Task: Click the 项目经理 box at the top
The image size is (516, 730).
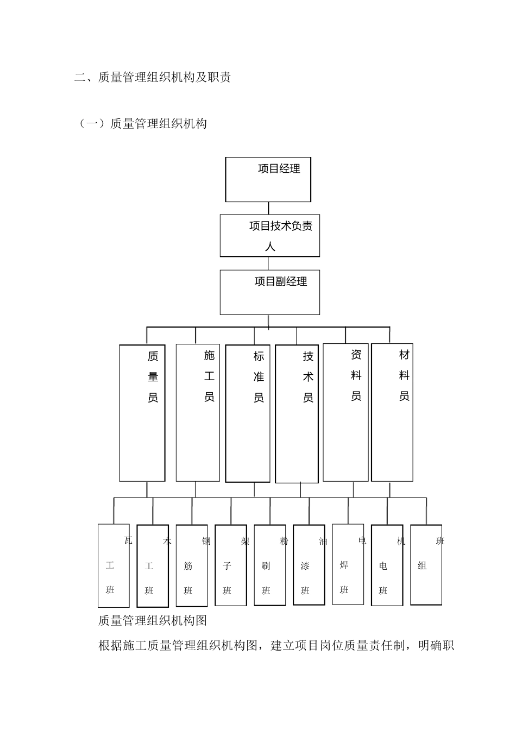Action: coord(268,179)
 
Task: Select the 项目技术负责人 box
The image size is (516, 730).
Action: coord(269,235)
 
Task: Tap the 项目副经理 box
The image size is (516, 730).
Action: coord(269,292)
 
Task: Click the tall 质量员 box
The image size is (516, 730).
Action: coord(142,413)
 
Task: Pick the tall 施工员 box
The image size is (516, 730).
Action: coord(198,413)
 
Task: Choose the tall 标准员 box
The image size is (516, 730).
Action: coord(248,413)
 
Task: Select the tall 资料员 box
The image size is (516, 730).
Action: coord(345,412)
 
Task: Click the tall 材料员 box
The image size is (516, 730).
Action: coord(392,412)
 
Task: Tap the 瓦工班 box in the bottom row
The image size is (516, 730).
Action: coord(114,565)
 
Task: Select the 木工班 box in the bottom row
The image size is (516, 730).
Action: coord(153,565)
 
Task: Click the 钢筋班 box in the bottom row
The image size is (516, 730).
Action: coord(192,565)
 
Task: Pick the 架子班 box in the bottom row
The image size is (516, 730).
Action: coord(231,565)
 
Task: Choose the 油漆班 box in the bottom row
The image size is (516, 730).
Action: coord(309,565)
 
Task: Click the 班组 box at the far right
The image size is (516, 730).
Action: coord(426,565)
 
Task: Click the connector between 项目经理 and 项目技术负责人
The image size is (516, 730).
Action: coord(268,208)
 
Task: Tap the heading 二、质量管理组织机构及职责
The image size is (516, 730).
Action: coord(153,77)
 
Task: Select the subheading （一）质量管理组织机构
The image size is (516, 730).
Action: coord(143,124)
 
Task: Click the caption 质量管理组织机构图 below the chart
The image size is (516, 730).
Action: coord(153,620)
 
